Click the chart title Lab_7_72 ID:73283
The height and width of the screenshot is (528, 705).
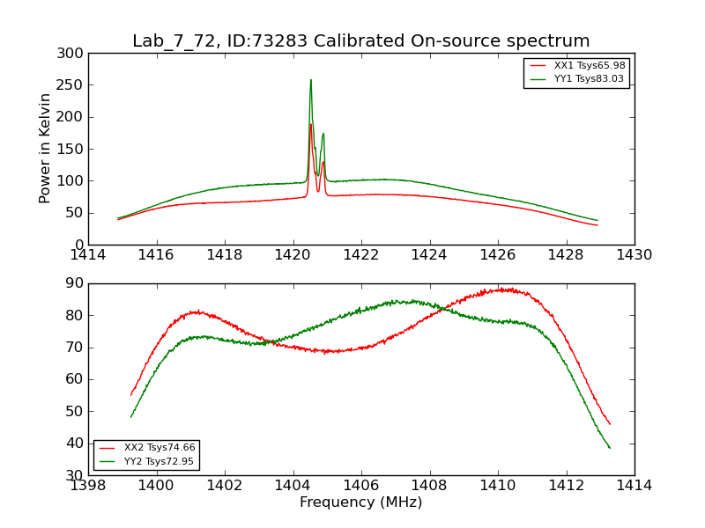[360, 41]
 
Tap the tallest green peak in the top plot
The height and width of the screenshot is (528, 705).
[310, 80]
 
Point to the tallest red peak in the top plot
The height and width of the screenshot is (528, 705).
[310, 124]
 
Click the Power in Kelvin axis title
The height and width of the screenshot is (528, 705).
[45, 149]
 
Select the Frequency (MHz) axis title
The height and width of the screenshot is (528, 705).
[360, 502]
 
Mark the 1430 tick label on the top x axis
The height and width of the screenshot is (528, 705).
[634, 254]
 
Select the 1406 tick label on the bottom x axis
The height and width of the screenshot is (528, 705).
[361, 485]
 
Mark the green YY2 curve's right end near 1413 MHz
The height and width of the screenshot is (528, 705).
[609, 448]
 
